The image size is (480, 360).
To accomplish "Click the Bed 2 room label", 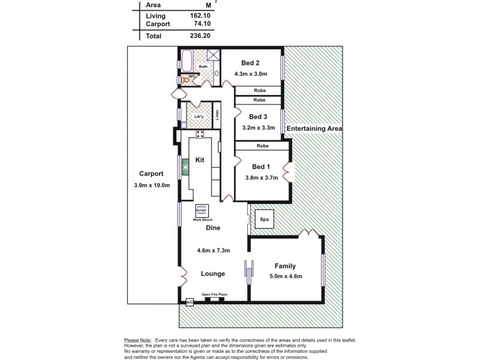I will click(x=250, y=63).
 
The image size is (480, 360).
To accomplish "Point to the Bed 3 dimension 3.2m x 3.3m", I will click(x=258, y=128).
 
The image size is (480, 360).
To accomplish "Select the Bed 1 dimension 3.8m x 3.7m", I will click(x=261, y=178).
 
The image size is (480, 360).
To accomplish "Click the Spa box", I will click(x=264, y=220).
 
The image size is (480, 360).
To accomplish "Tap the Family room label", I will click(x=285, y=266).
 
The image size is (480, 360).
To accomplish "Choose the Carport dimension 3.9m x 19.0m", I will click(x=152, y=185).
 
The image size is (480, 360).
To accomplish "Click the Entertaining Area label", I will click(x=314, y=129).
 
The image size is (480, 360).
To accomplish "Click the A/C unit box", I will click(x=190, y=303).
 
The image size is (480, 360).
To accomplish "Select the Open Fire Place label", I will click(x=214, y=294).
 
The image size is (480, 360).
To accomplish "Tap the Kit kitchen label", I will click(x=200, y=160).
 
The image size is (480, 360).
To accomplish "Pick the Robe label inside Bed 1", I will click(x=262, y=146).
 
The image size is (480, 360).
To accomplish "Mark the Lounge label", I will click(x=213, y=274).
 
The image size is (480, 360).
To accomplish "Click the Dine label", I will click(x=213, y=228).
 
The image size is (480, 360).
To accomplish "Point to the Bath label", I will click(x=203, y=67).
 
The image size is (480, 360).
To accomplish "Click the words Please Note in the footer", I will click(x=137, y=340).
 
